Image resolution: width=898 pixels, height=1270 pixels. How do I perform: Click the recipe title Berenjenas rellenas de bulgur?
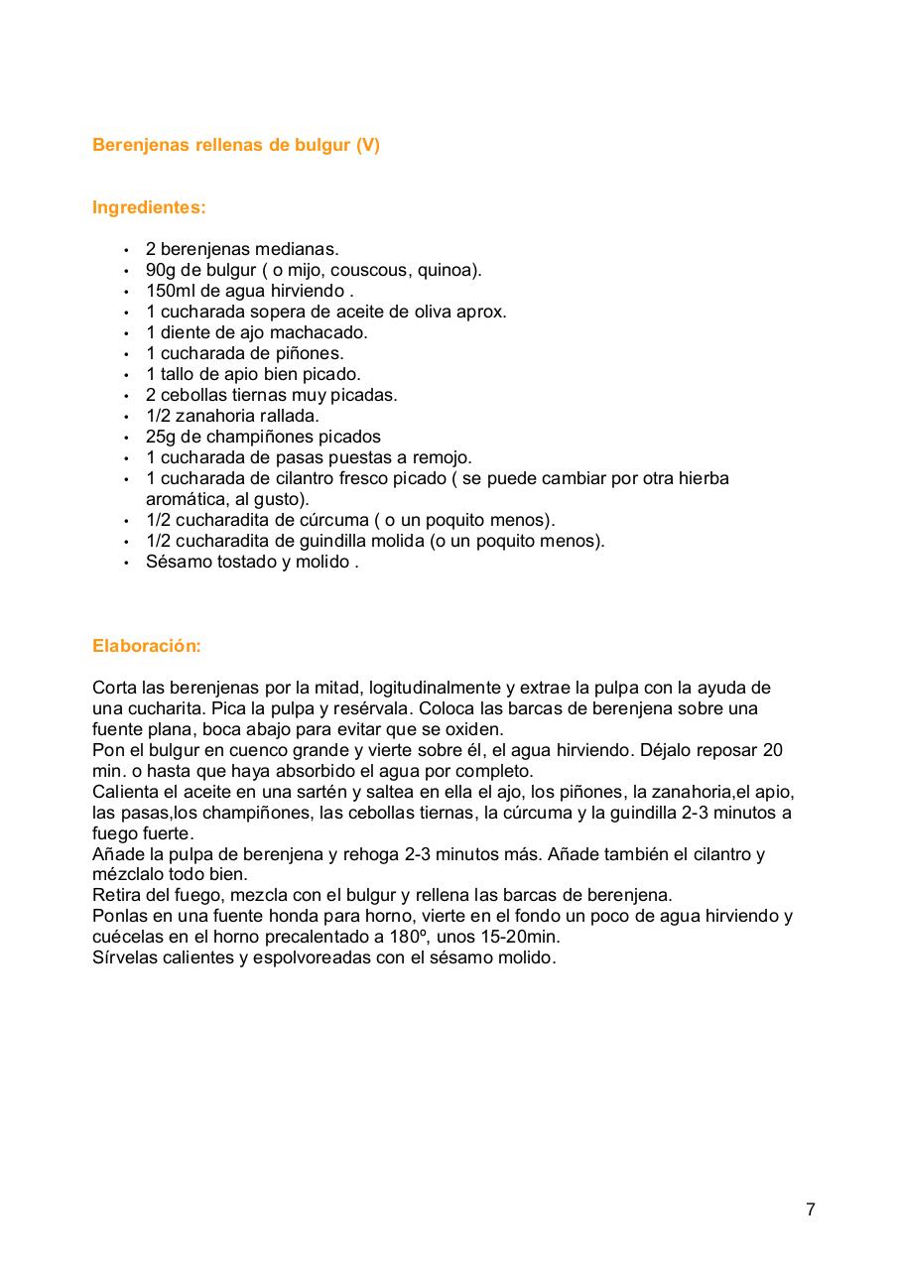235,145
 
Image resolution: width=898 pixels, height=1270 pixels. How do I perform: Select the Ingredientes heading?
149,207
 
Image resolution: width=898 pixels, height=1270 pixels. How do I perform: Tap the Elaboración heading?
146,645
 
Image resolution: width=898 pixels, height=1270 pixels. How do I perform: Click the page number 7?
811,1209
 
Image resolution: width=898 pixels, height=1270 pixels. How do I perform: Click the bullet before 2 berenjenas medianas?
126,250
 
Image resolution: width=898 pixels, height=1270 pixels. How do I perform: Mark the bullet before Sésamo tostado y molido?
126,563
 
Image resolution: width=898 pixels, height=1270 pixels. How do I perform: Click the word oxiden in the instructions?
476,729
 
